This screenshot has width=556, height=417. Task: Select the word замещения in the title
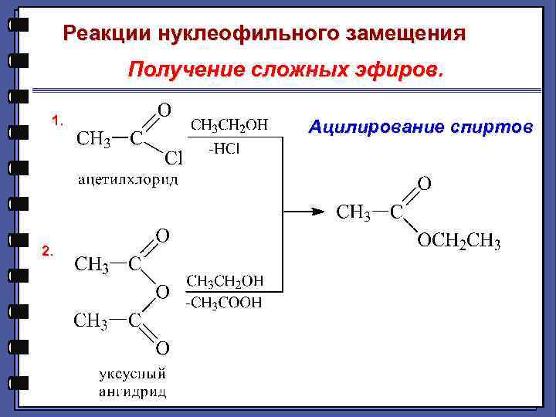coord(406,34)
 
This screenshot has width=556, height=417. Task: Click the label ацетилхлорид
coord(128,180)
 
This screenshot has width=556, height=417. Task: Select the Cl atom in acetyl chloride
coord(174,159)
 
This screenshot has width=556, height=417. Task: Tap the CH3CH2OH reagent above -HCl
coord(229,125)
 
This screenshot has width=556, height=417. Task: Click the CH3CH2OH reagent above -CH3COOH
coord(224,280)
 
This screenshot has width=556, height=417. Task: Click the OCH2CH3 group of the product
coord(459,244)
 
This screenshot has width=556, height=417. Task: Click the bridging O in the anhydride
coord(162,292)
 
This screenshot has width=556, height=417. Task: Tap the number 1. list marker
coord(57,120)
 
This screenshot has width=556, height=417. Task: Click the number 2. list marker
coord(48,251)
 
